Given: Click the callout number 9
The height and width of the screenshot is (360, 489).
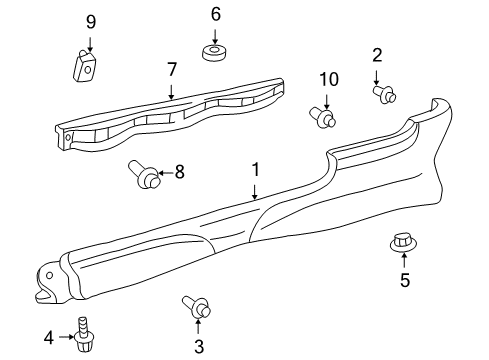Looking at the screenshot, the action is (91, 22).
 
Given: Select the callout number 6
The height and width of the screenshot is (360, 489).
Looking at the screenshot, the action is (216, 14).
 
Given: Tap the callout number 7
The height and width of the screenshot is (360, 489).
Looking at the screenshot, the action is (172, 70).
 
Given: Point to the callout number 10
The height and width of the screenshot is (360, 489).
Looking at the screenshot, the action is (329, 79).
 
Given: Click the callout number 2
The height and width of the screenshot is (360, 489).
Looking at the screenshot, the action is (377, 55).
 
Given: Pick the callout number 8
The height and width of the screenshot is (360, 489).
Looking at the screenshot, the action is (180, 172).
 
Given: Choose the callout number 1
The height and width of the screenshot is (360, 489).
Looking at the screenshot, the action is (255, 170).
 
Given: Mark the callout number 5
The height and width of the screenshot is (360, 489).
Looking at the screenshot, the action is (405, 280).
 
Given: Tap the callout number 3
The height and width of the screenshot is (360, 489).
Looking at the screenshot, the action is (199, 347).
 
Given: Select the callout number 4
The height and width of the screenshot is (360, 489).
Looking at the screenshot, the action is (49, 338).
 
